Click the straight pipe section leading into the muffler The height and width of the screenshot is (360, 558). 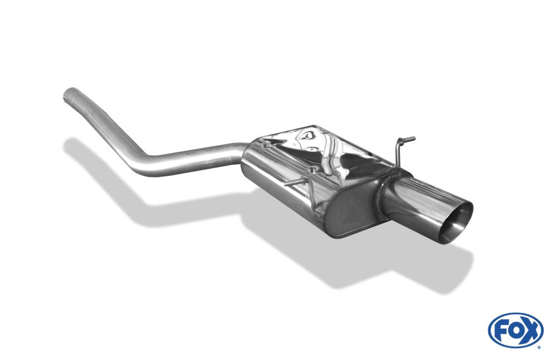click(195, 157)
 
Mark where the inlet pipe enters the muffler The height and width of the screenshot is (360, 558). click(243, 153)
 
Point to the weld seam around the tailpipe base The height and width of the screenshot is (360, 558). click(385, 198)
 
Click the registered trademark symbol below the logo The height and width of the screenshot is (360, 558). click(538, 346)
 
